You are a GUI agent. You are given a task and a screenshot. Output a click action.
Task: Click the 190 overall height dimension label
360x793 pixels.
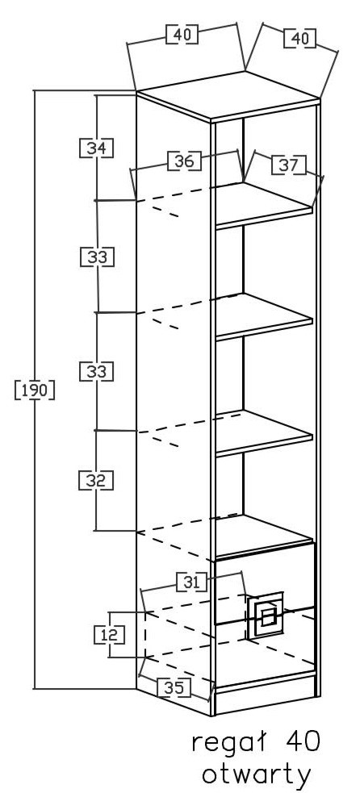[35, 390]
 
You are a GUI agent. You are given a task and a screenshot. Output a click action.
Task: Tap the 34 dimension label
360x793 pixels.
[96, 148]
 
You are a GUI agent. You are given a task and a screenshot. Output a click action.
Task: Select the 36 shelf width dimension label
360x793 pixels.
[184, 161]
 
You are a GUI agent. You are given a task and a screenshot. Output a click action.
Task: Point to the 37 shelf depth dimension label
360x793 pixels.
[289, 165]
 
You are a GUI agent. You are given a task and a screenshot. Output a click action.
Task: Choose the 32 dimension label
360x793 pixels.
[96, 480]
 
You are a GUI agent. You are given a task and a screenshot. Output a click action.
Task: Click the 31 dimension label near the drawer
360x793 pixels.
[191, 582]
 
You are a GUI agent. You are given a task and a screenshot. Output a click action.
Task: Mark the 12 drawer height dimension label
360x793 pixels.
[109, 634]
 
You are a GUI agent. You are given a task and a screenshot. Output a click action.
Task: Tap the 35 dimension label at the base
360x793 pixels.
[174, 687]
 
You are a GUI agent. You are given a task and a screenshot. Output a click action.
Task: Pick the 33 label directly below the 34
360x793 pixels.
[97, 257]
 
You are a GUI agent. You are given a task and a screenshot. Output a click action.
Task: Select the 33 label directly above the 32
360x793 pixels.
[96, 371]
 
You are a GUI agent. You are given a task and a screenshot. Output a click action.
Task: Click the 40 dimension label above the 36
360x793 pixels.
[182, 35]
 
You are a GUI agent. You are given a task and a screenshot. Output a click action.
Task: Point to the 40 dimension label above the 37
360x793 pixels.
[299, 39]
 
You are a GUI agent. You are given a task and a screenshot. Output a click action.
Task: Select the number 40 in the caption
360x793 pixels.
[303, 741]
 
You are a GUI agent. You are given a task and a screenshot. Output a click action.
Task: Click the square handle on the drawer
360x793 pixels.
[266, 615]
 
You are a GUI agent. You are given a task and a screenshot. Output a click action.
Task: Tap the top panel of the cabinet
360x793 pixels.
[228, 96]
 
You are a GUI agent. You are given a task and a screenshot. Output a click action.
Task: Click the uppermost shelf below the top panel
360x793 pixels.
[264, 206]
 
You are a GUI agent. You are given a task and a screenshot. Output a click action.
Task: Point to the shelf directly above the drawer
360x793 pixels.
[264, 535]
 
